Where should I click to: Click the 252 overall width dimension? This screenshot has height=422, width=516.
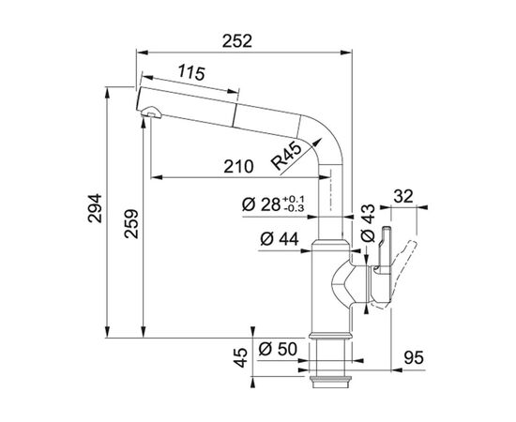[237, 41]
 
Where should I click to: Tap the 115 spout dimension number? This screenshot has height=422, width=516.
[191, 73]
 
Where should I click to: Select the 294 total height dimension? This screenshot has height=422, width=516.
[96, 208]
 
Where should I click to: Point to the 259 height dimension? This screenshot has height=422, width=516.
[131, 224]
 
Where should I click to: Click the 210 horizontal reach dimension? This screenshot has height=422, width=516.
[238, 166]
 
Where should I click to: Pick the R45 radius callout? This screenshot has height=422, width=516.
[286, 158]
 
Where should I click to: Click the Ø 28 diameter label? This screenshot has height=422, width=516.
[262, 204]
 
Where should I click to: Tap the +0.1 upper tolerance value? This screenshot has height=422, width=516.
[294, 200]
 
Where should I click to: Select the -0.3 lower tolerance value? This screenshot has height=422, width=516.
[294, 208]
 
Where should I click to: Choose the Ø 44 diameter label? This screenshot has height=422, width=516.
[280, 238]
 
